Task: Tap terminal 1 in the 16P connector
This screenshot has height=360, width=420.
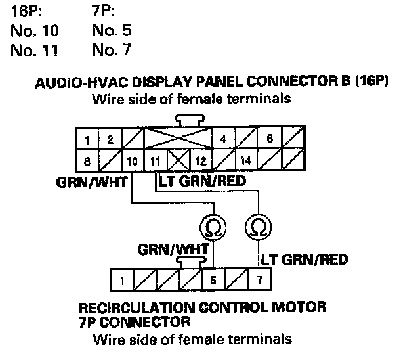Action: pos(87,140)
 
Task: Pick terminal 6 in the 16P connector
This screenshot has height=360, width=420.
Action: pos(270,140)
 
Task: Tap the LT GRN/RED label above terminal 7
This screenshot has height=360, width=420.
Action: pos(304,259)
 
